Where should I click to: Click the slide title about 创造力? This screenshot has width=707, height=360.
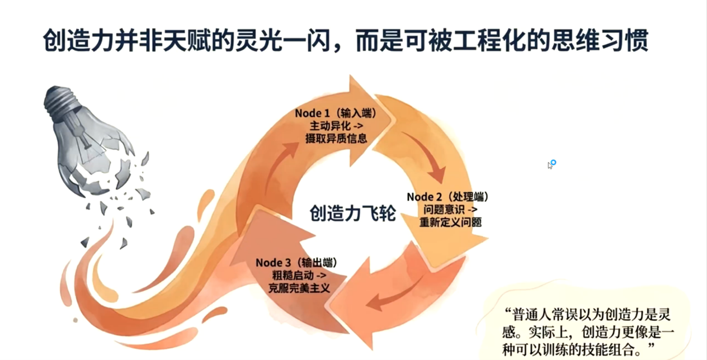[x=346, y=40]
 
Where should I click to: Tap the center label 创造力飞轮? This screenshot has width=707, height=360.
[x=352, y=214]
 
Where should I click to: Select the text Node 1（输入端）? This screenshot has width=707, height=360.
[x=336, y=113]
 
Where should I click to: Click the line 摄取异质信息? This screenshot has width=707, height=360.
[x=336, y=138]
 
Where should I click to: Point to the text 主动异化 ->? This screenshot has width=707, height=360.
[x=337, y=126]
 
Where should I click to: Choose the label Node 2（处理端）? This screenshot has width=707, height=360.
[x=448, y=197]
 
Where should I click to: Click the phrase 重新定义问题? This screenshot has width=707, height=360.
[x=450, y=222]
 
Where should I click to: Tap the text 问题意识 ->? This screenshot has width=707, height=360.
[x=450, y=210]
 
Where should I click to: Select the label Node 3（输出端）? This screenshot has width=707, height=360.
[x=296, y=263]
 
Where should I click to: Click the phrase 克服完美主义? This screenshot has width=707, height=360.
[x=299, y=288]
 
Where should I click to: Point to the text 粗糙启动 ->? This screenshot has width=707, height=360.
[x=299, y=275]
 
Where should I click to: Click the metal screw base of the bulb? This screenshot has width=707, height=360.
[x=62, y=102]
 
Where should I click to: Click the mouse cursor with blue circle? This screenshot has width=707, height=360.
[x=552, y=164]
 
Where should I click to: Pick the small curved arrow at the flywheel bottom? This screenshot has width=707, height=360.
[x=394, y=295]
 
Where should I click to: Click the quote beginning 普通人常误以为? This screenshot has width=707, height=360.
[x=588, y=332]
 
